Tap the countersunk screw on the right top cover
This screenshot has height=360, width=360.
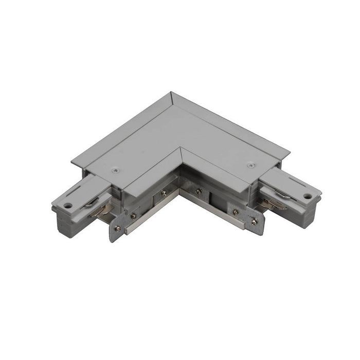point(251,165)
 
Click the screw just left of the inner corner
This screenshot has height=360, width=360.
point(163,194)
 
